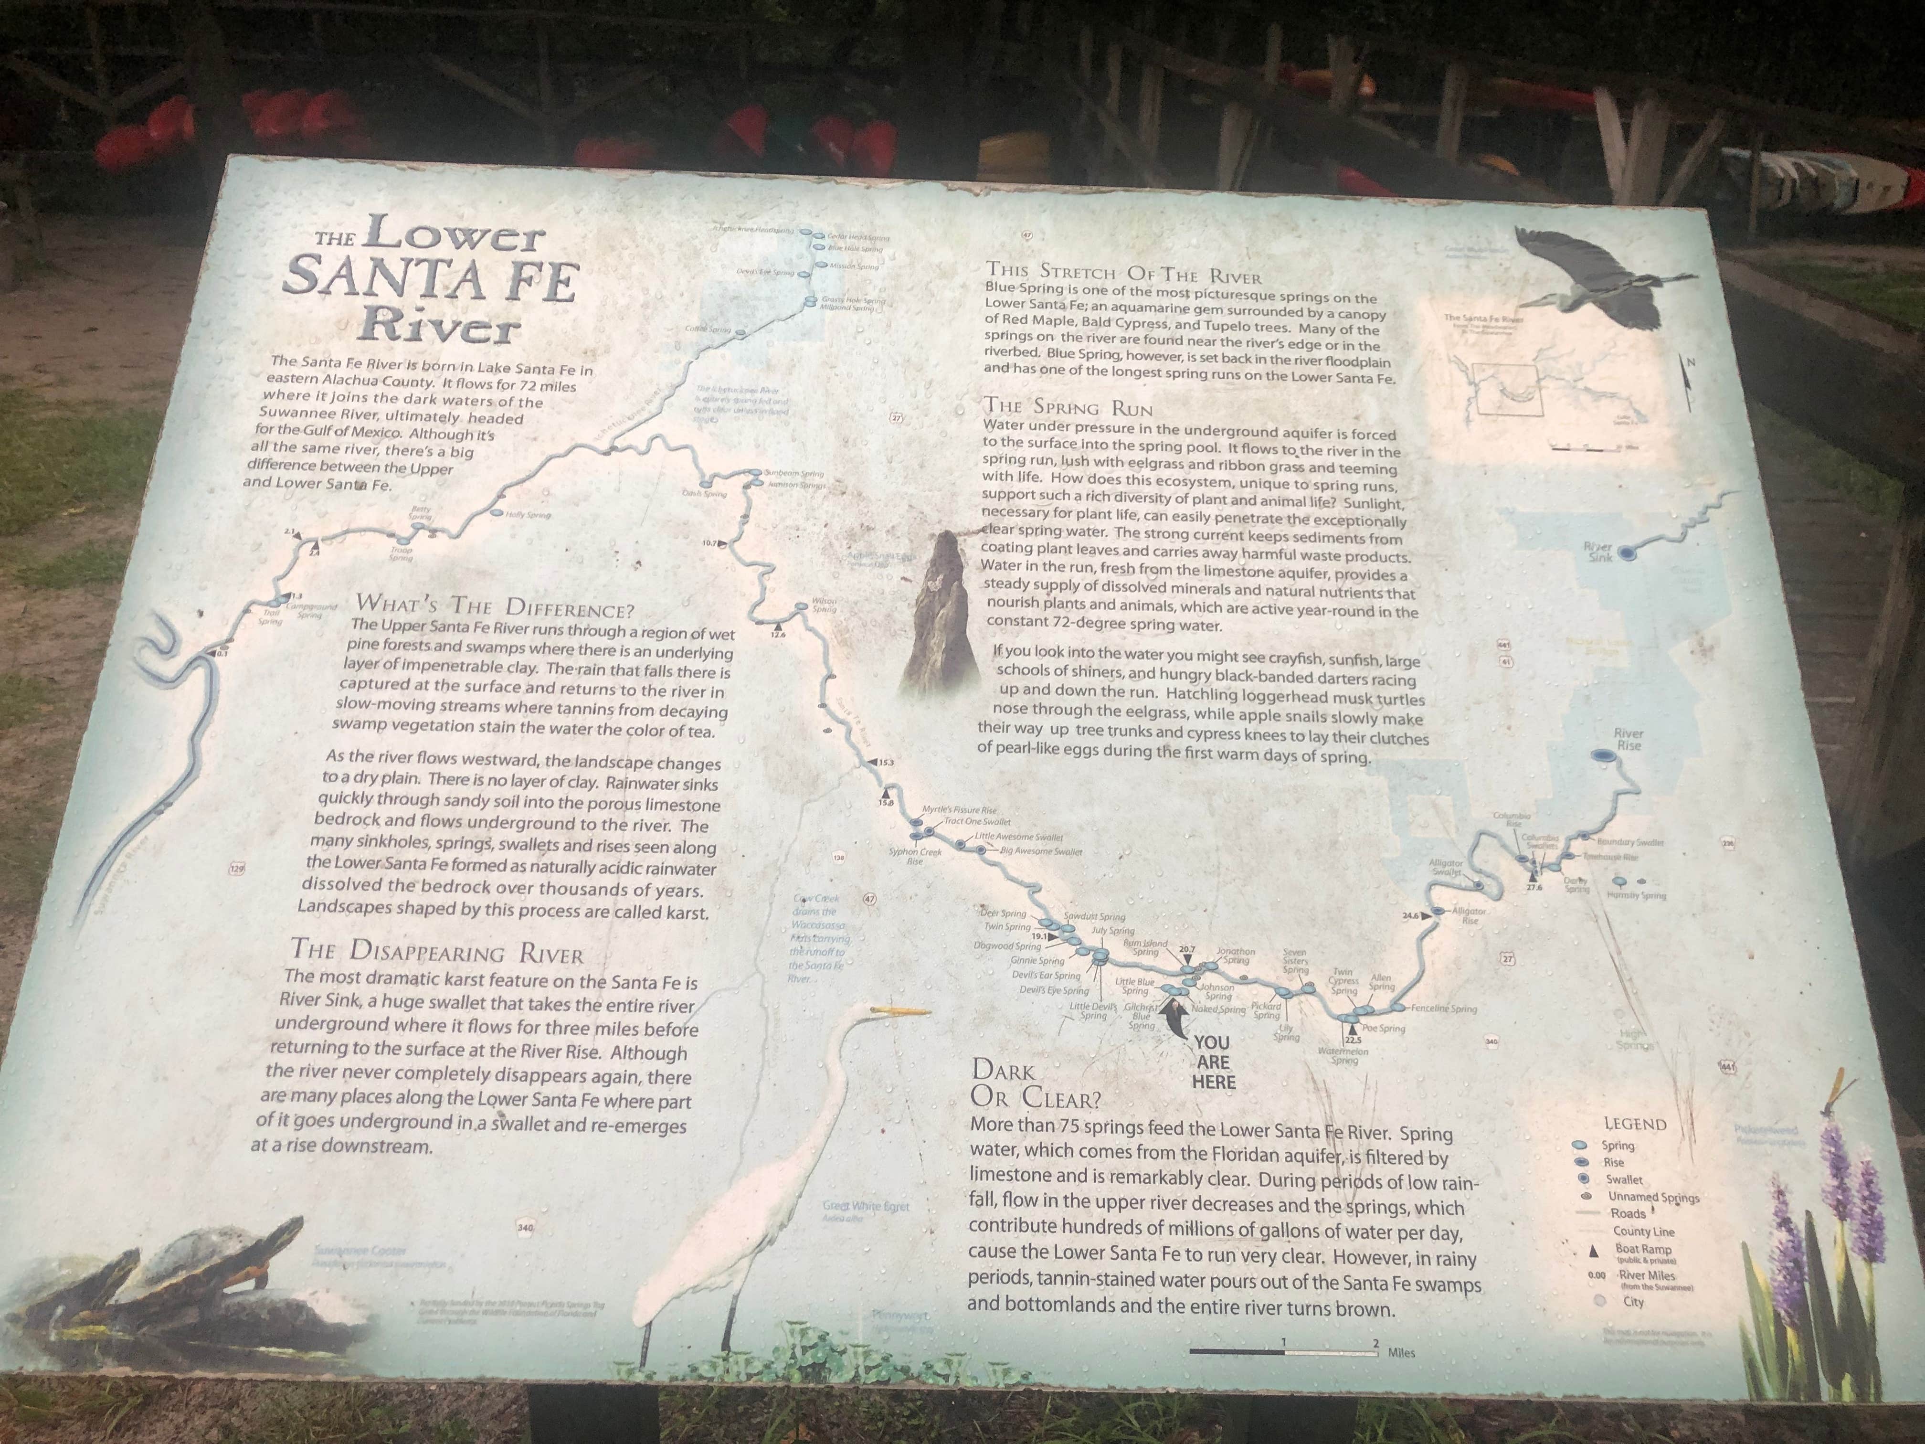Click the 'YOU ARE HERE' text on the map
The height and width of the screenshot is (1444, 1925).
[1212, 1062]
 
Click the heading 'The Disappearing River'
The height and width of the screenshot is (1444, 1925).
[437, 950]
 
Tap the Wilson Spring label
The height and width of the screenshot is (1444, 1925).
[823, 604]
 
